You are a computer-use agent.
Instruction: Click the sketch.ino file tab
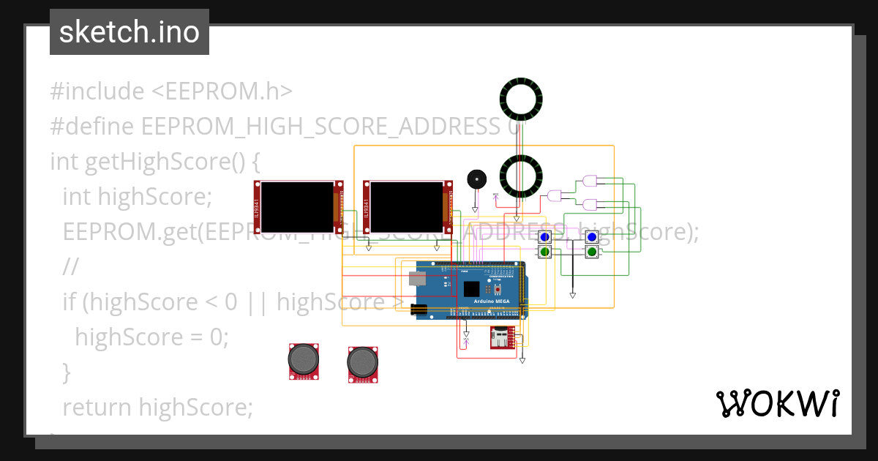coord(129,32)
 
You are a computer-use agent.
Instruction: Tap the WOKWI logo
coord(777,403)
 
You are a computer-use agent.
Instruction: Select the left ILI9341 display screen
coord(297,204)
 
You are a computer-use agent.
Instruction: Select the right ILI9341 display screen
coord(407,204)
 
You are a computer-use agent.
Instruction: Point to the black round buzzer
coord(476,179)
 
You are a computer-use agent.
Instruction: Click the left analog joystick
coord(304,360)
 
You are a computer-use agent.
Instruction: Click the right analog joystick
coord(362,361)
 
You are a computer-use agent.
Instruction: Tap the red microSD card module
coord(501,338)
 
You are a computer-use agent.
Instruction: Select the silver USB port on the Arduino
coord(416,278)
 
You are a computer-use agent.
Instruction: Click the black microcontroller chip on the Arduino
coord(471,289)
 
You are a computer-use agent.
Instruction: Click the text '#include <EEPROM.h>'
coord(171,91)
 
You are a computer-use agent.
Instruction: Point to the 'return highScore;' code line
coord(157,407)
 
